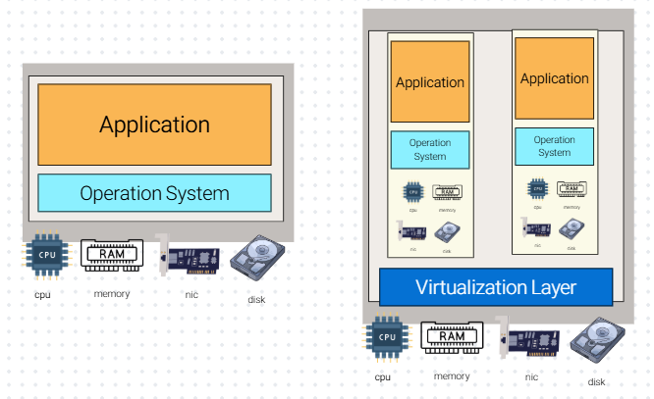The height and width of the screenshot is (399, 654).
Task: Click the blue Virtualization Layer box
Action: (496, 287)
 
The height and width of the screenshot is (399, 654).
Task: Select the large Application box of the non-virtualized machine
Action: (154, 125)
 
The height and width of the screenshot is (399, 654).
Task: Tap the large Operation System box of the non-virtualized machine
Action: (154, 193)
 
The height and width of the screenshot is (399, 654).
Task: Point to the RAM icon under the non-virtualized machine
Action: (111, 256)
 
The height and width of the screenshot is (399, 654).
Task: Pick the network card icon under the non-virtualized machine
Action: (187, 257)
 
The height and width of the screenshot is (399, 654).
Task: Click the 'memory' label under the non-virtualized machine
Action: (112, 293)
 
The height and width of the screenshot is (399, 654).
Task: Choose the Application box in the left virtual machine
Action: (430, 82)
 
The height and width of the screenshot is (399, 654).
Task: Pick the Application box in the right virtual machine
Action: (554, 78)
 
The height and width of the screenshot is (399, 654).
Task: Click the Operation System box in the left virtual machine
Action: (430, 149)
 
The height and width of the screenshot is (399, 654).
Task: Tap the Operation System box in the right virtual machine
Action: (554, 146)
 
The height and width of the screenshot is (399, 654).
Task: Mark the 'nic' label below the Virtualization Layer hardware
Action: (531, 376)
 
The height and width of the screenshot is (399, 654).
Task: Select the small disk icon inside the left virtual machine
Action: (448, 231)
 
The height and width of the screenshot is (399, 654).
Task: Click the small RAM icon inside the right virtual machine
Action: (571, 189)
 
